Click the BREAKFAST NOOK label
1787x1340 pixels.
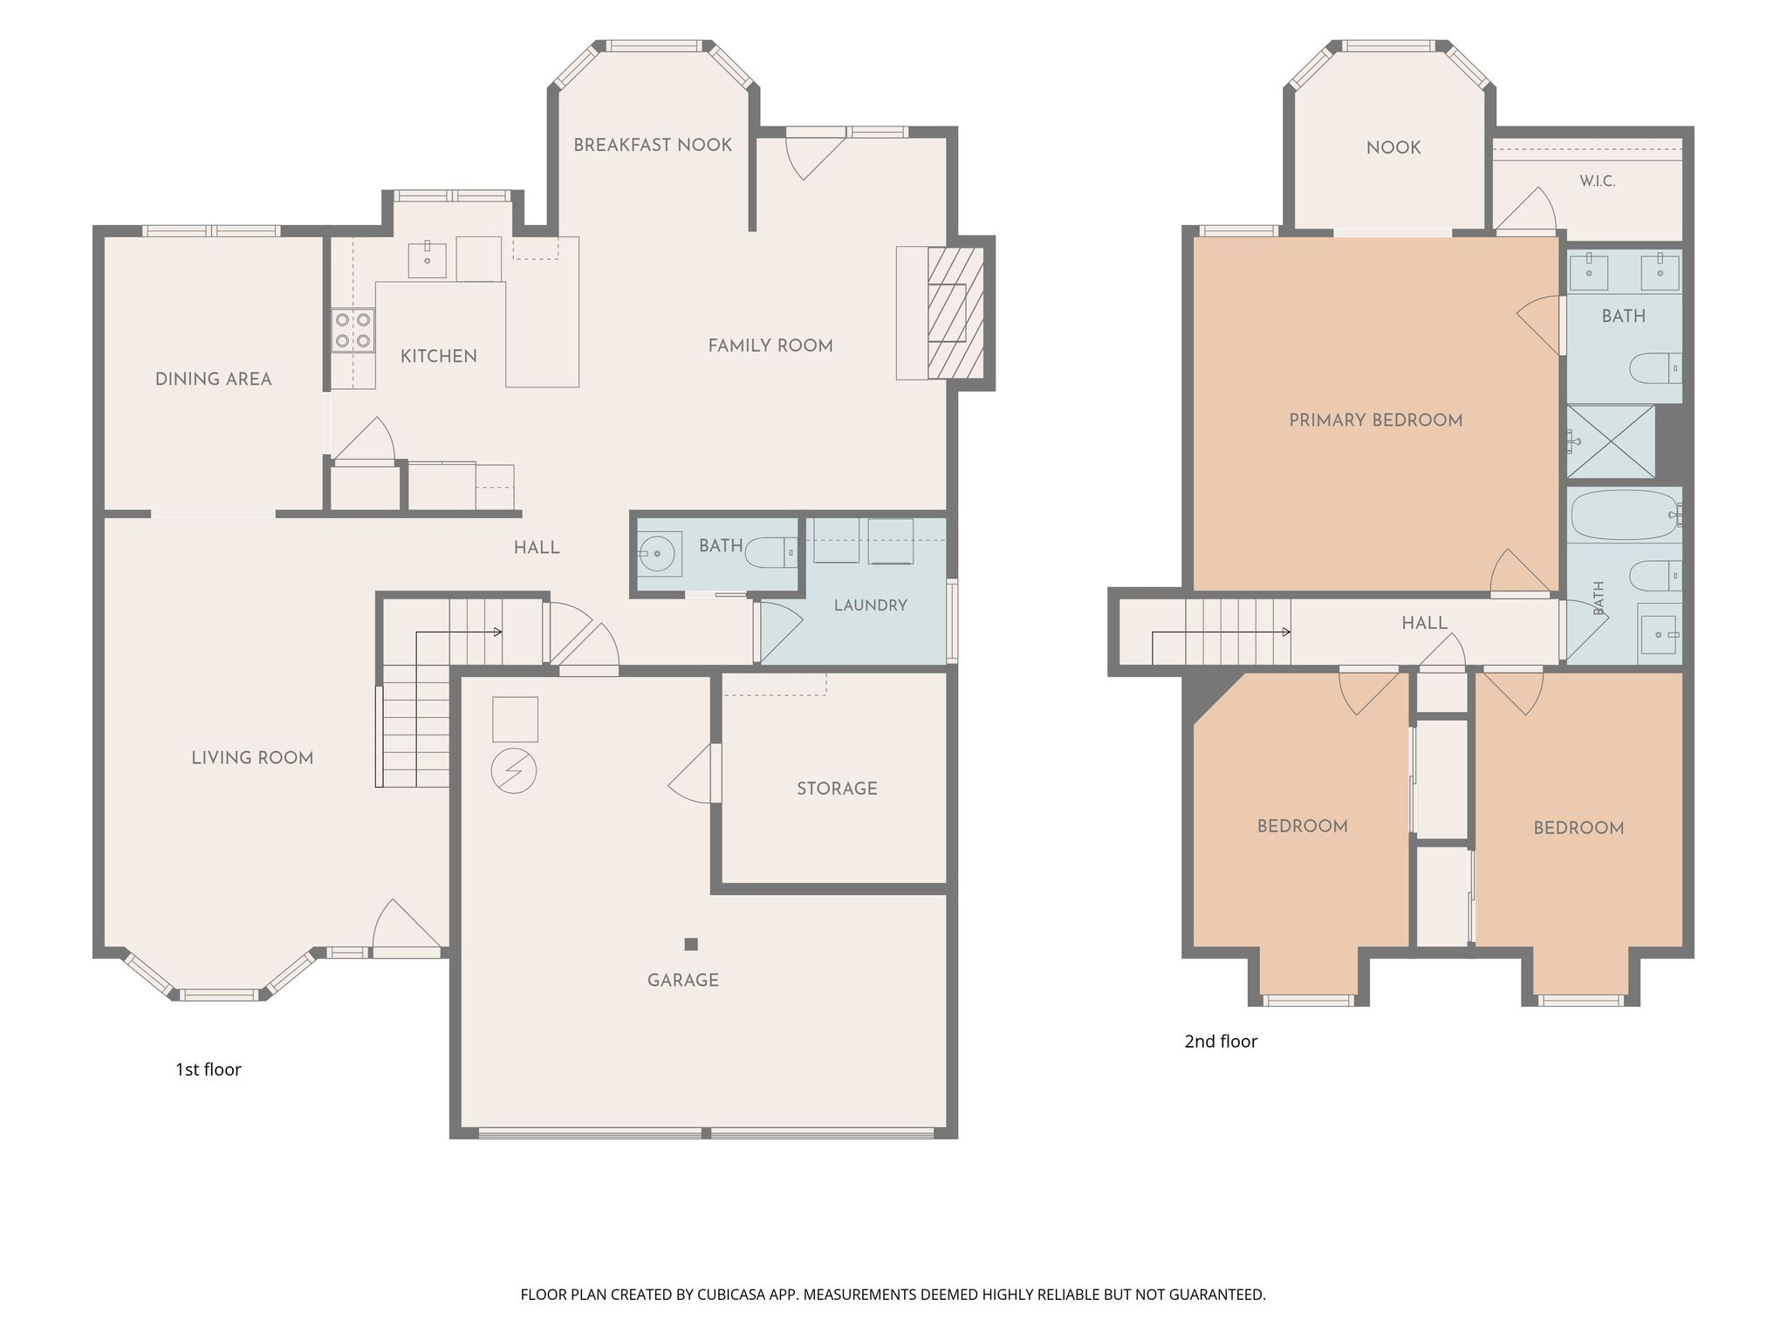coord(653,145)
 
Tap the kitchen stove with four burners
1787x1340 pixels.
coord(353,331)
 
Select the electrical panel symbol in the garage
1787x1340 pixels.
coord(514,771)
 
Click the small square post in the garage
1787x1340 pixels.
coord(691,944)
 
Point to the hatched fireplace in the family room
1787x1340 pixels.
coord(955,313)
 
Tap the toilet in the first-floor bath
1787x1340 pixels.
coord(773,552)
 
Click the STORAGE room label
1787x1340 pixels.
coord(837,789)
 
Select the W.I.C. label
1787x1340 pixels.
coord(1598,181)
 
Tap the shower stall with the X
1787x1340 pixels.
coord(1611,441)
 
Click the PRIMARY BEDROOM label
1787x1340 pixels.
coord(1376,420)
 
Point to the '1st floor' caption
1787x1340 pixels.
coord(209,1070)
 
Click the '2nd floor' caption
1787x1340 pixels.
coord(1221,1042)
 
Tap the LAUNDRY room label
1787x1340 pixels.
coord(871,605)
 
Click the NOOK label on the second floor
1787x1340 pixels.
coord(1393,148)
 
